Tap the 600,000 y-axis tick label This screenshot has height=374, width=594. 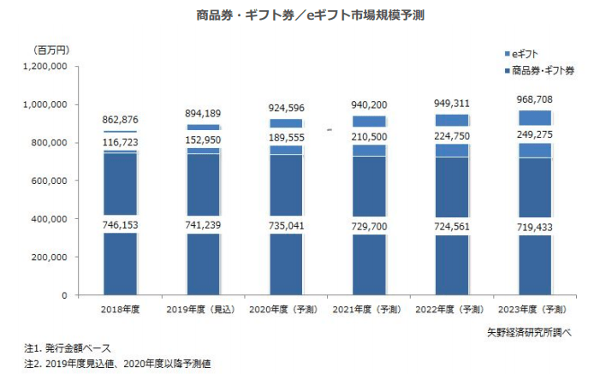click(x=50, y=181)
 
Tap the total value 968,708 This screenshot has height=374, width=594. click(x=536, y=100)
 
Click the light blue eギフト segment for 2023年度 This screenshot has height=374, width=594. click(x=536, y=150)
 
